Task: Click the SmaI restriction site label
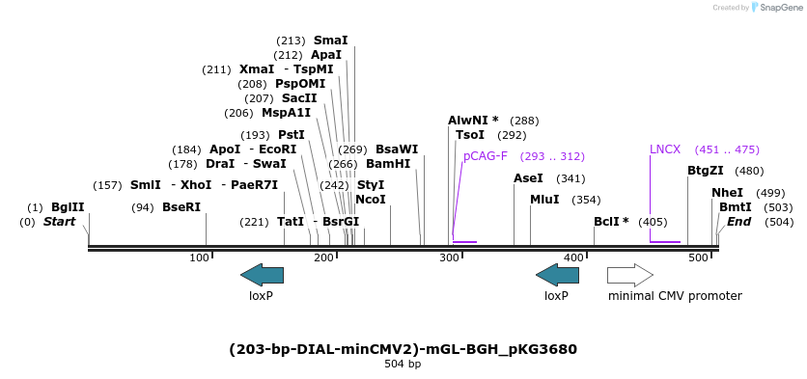point(330,41)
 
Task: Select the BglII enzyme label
point(68,207)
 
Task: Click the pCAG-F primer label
point(485,156)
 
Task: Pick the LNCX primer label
point(665,149)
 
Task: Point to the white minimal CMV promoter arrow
point(630,275)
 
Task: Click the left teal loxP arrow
point(262,275)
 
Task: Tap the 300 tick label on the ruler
point(449,257)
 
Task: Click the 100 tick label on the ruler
point(200,257)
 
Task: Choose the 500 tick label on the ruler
point(699,257)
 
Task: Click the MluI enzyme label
point(544,200)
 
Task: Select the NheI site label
point(727,193)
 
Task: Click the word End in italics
point(738,222)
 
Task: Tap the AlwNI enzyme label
point(472,121)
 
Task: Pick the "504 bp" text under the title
point(403,365)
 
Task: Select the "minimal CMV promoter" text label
point(675,296)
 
